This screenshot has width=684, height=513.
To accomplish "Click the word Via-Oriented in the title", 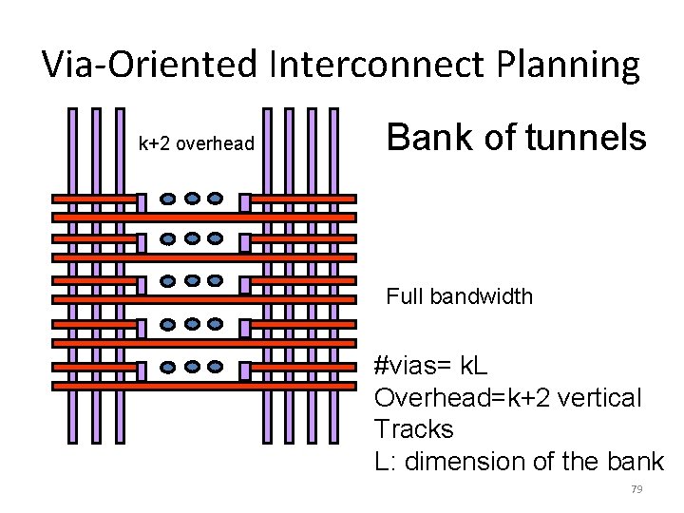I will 151,65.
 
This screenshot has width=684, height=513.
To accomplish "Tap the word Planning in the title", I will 568,65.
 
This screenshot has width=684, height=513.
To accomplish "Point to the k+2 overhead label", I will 197,143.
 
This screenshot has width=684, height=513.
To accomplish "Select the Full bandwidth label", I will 459,296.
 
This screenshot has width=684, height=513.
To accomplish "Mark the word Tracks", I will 414,429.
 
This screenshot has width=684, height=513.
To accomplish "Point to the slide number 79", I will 636,489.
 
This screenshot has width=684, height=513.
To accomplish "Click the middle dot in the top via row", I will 192,199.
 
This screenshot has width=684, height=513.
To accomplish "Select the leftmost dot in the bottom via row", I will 168,367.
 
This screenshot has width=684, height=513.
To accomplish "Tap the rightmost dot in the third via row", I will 216,281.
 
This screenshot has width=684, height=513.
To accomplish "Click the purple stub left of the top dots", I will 142,202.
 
